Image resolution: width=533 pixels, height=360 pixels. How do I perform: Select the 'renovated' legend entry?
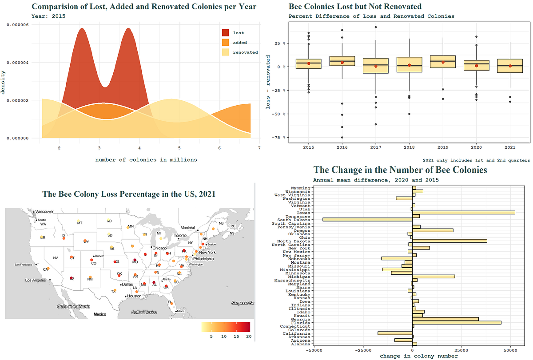click(x=245, y=52)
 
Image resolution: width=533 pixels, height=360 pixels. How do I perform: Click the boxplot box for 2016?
click(x=342, y=61)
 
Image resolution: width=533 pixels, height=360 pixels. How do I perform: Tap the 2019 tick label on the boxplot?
click(x=443, y=147)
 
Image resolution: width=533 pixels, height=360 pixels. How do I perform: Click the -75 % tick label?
click(x=276, y=138)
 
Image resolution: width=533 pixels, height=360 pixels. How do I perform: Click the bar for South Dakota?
click(x=367, y=220)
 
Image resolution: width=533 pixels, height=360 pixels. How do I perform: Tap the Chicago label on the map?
click(x=159, y=248)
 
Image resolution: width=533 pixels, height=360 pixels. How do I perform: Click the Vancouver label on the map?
click(x=44, y=211)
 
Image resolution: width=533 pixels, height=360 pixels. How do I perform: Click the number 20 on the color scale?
click(x=248, y=337)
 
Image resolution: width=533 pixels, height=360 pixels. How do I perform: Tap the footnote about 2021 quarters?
click(x=476, y=160)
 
